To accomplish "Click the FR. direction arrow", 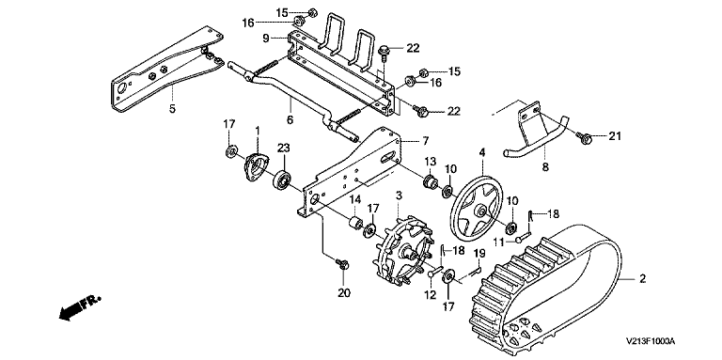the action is click(x=79, y=307).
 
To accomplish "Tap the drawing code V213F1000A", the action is click(x=651, y=341).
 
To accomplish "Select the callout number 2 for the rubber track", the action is click(x=642, y=278).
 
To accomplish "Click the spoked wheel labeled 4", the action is click(x=480, y=210).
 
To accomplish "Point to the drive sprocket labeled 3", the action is click(x=404, y=250).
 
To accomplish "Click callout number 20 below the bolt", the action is click(x=344, y=292).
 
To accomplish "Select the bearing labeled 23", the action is click(x=282, y=180).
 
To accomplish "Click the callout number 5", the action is click(x=172, y=111).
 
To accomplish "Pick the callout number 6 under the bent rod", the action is click(x=290, y=119).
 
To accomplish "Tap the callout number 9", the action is click(x=266, y=39).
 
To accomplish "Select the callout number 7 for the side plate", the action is click(x=425, y=140).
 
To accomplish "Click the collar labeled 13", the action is click(x=431, y=182).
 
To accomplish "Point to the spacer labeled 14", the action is click(x=355, y=225).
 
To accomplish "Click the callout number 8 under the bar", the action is click(x=545, y=167).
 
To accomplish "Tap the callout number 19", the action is click(x=479, y=253).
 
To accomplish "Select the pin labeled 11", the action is click(x=523, y=239).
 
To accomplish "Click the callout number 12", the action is click(x=430, y=295).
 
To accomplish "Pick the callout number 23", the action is click(x=284, y=148).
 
